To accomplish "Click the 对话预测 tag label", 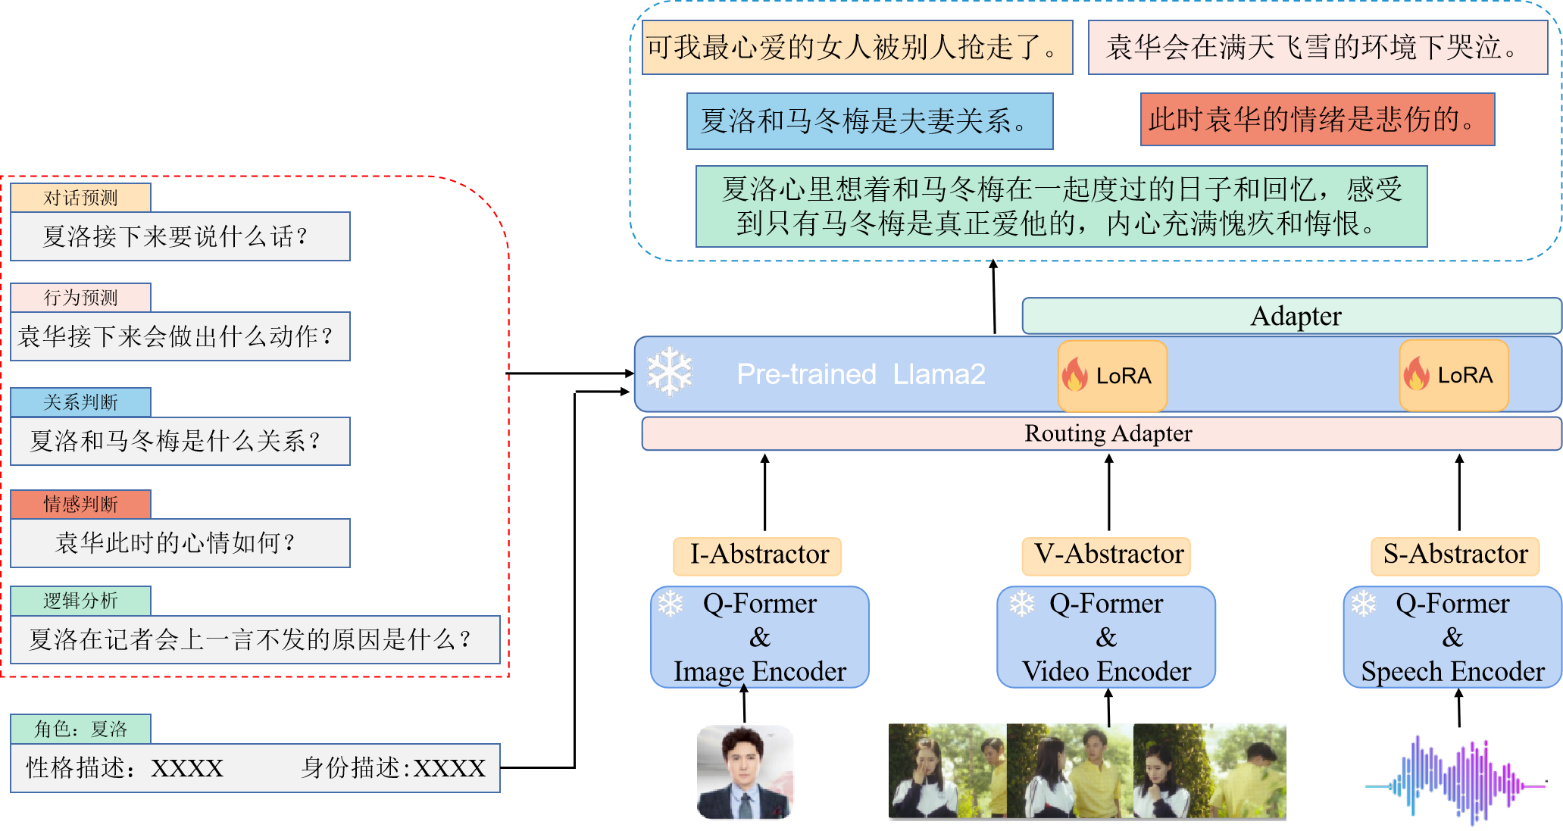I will (80, 198).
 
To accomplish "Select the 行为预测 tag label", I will (80, 298).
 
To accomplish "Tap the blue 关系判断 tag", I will (80, 402).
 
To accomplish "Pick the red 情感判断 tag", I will (80, 504).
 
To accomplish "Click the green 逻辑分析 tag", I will (80, 601).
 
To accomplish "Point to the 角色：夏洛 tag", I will (80, 729).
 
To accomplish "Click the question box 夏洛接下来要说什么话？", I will (180, 237).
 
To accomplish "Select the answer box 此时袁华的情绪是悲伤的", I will (1317, 120).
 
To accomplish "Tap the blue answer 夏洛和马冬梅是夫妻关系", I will (869, 121).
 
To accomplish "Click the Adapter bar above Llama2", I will (1291, 316).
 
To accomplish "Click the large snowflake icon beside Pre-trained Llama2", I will (670, 372).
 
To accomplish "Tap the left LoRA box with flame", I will (1111, 375).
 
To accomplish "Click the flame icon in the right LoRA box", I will (1415, 373).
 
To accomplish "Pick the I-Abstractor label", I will (757, 555).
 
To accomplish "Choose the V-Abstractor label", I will (1105, 555).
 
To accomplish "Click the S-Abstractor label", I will (1455, 555).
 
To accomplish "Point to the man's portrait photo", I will (744, 771).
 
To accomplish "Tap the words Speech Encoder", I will (1452, 672).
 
